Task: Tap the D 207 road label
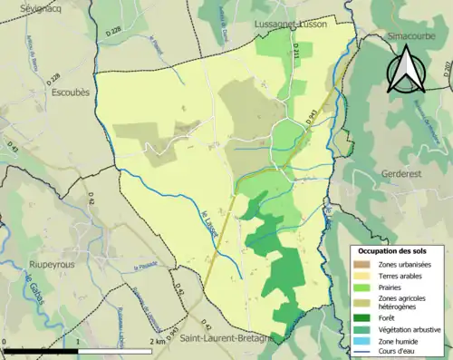click(447, 69)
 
